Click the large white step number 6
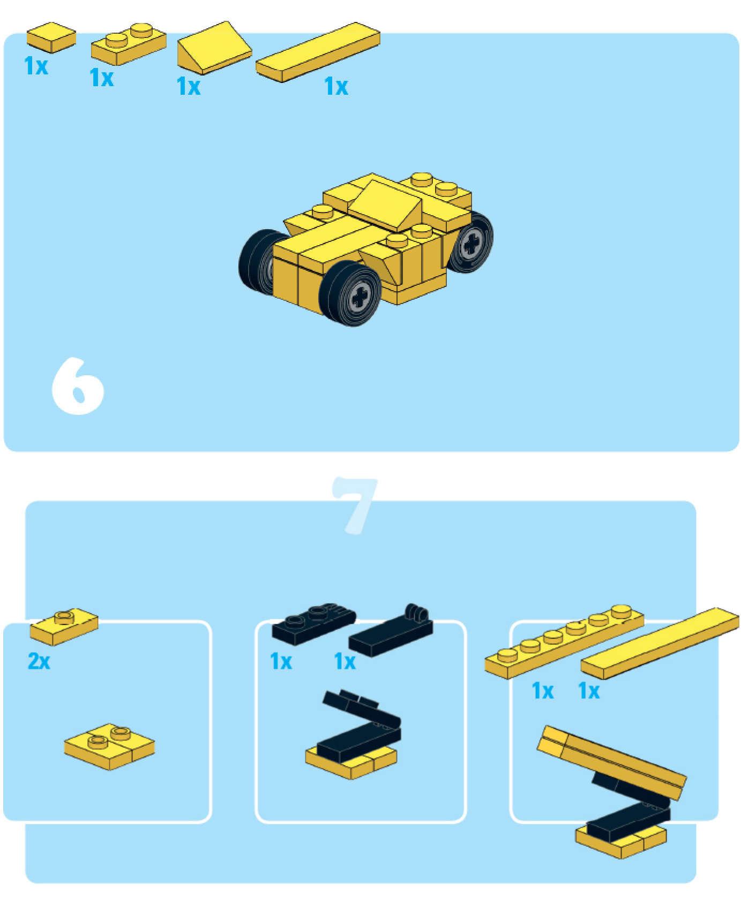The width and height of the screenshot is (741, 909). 78,386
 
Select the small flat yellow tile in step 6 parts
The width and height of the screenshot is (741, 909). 51,37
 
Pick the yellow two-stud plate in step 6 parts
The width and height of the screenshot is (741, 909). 129,44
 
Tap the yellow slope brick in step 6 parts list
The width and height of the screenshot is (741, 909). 214,48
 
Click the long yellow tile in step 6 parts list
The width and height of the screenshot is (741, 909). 318,52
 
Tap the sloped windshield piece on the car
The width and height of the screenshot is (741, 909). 387,205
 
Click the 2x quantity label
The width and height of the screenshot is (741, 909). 39,661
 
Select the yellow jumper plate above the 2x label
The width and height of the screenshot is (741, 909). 64,626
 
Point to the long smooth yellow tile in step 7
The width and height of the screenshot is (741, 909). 660,643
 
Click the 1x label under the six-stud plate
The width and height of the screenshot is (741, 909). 543,691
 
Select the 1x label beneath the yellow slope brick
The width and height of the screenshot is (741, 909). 189,86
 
